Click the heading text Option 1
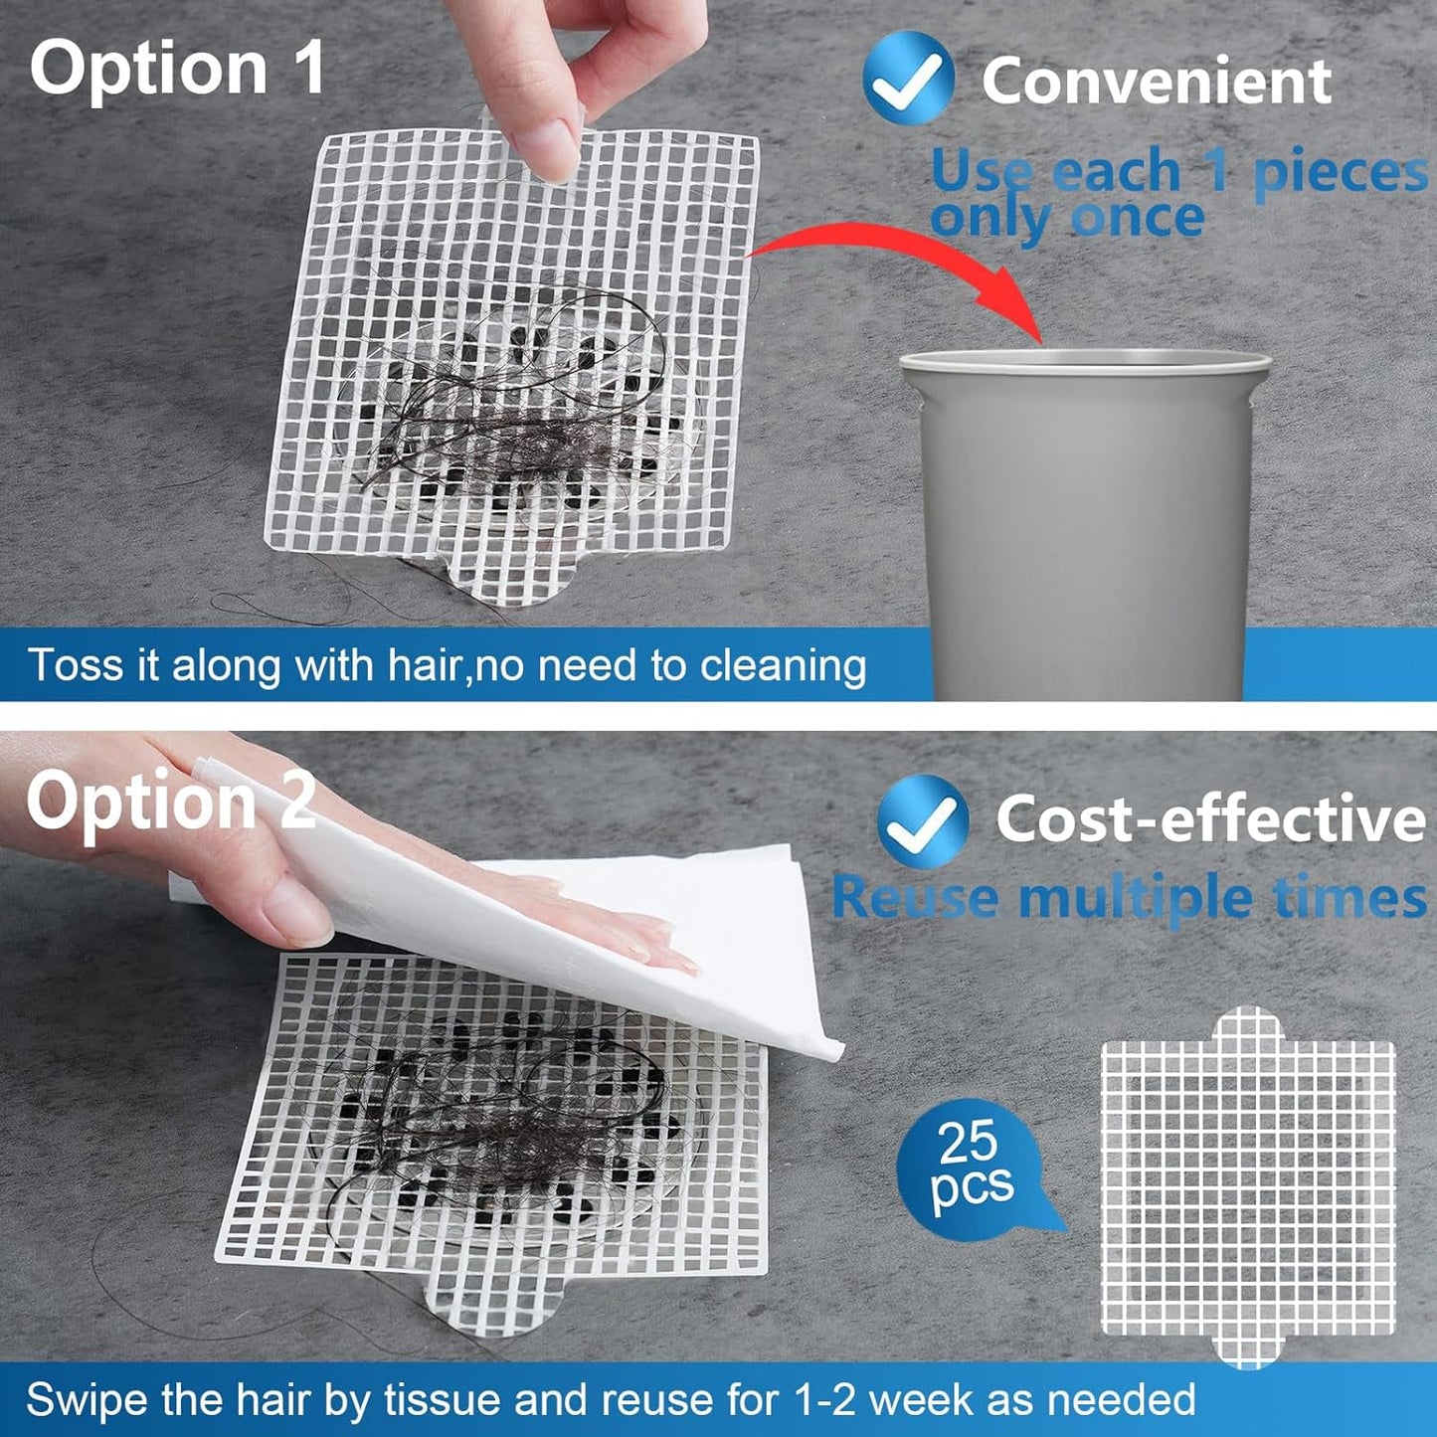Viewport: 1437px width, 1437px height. [177, 68]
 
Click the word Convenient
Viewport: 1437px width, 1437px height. [1156, 81]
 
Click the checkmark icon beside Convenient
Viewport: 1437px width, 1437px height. [907, 79]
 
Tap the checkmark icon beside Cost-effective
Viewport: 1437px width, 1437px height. [922, 820]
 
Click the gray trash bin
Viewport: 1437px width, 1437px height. [1085, 517]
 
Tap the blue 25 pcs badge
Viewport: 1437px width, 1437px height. [970, 1164]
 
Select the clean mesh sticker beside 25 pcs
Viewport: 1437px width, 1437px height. [1248, 1188]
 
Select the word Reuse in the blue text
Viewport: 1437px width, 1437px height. [914, 897]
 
